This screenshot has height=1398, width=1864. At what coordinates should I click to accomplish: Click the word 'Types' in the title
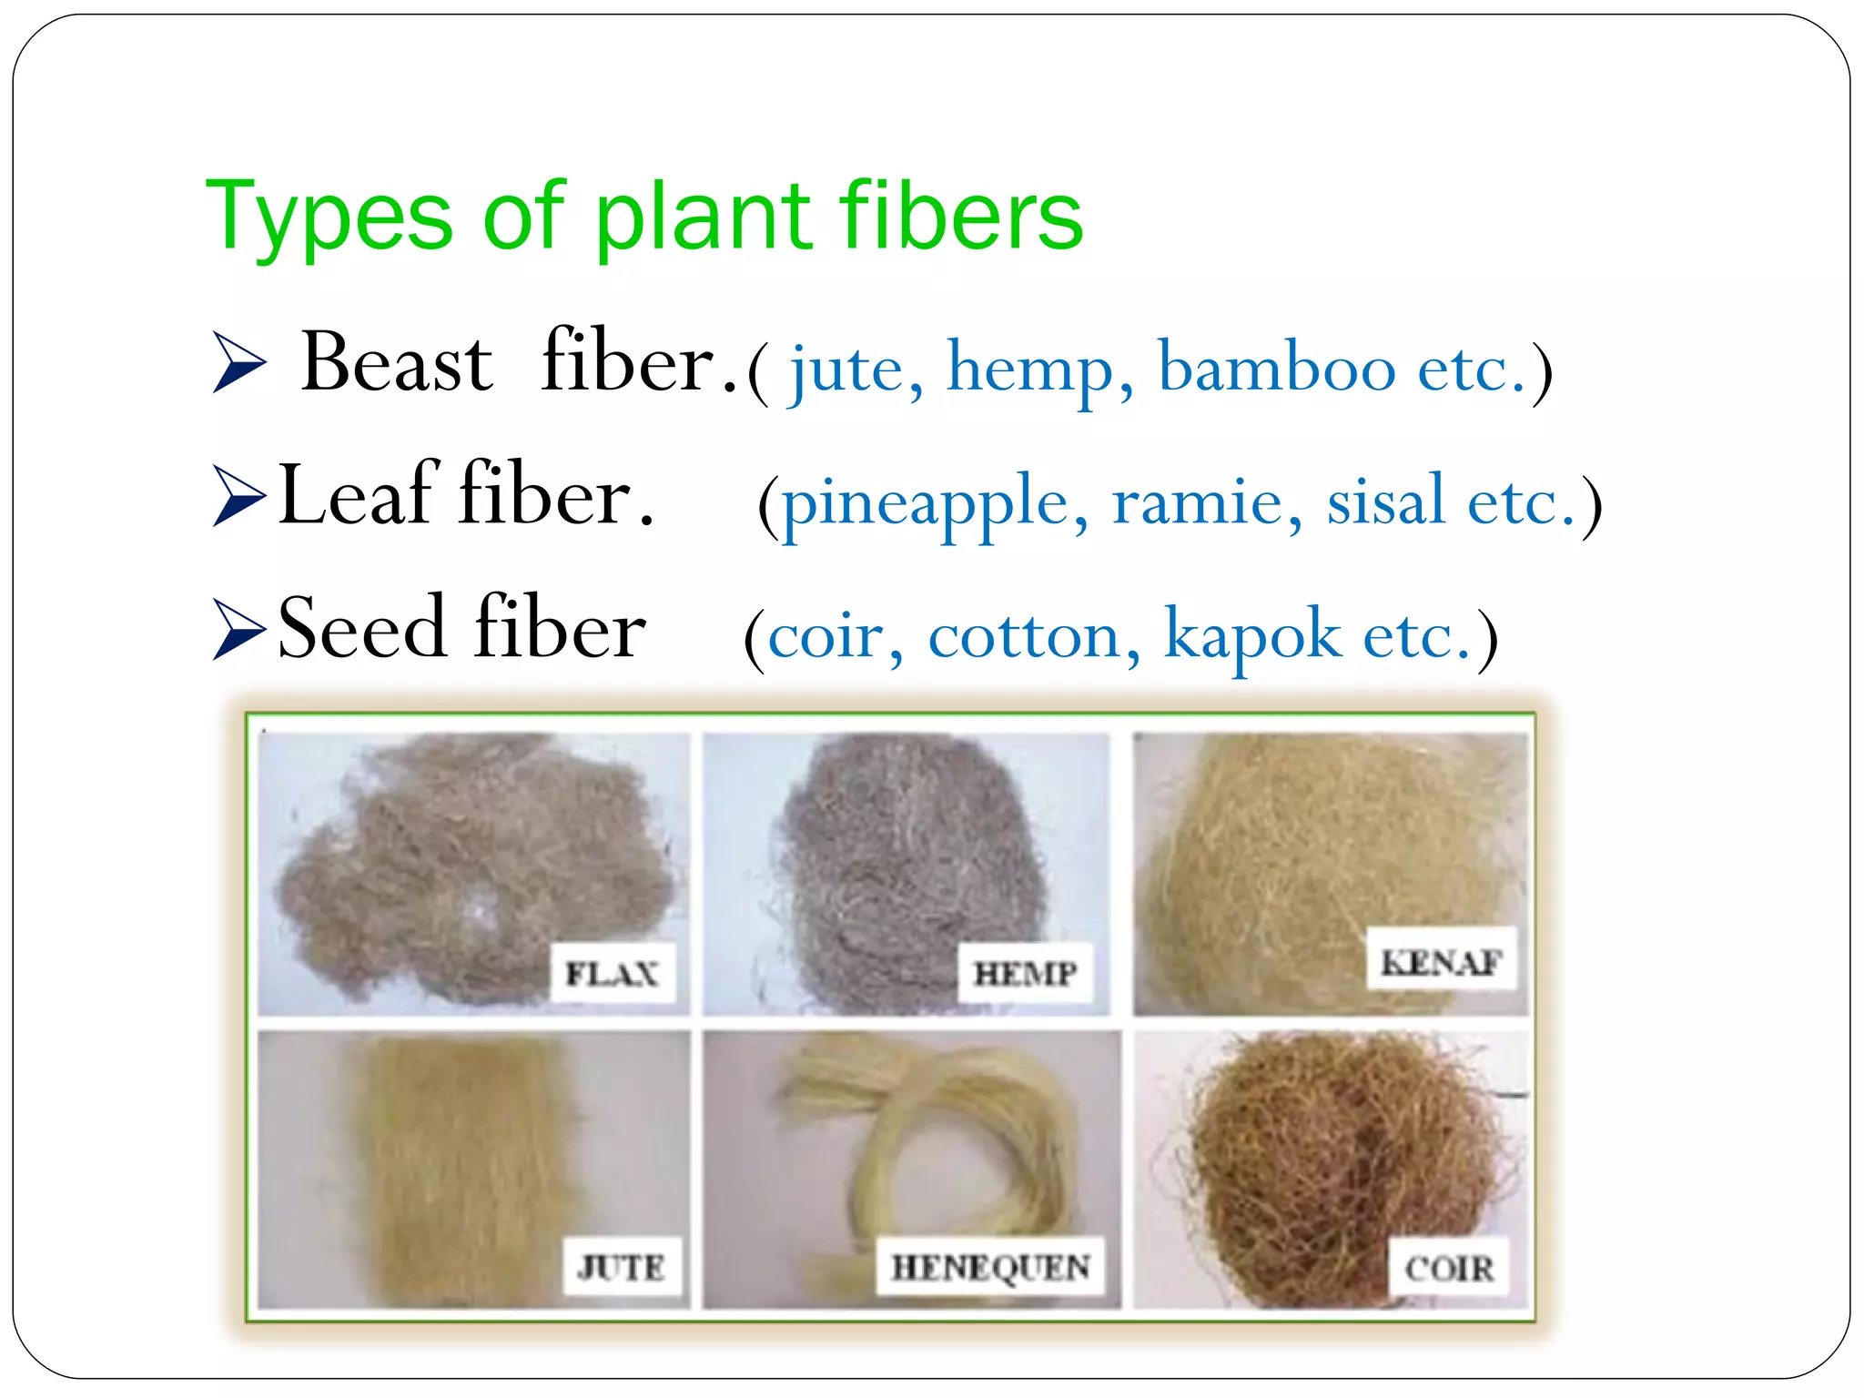(x=329, y=218)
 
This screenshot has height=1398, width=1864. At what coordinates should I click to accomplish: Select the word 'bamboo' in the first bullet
(x=1276, y=370)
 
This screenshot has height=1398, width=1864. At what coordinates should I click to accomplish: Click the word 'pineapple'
(x=925, y=503)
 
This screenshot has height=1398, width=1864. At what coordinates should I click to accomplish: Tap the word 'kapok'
(x=1251, y=636)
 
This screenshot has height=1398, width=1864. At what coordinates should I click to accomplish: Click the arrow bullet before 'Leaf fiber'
(x=238, y=495)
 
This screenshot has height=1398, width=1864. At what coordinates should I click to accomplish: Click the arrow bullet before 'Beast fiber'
(x=238, y=362)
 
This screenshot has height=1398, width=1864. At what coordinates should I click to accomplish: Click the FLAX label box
(x=613, y=974)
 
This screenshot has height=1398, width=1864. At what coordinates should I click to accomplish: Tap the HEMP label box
(x=1026, y=974)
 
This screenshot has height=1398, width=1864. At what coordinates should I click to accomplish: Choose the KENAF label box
(x=1442, y=960)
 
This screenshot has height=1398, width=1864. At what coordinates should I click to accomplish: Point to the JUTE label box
(x=622, y=1266)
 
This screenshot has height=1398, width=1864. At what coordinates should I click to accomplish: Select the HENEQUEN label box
(x=990, y=1266)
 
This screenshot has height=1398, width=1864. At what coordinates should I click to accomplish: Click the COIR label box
(x=1448, y=1267)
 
